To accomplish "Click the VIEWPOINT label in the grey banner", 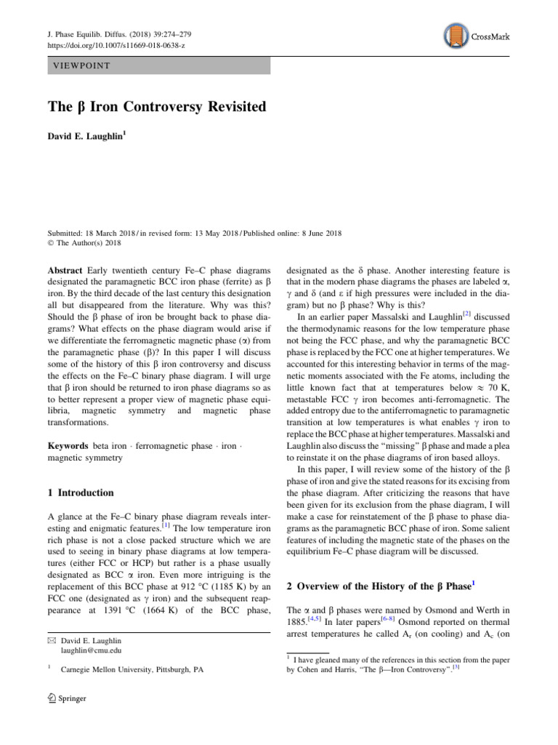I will point(80,65).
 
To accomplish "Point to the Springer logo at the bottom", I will point(65,698).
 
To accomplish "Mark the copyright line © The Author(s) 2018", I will point(87,243).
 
